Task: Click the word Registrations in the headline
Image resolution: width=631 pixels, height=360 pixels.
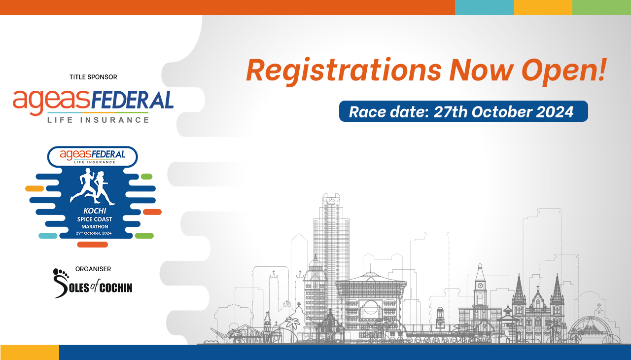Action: [344, 71]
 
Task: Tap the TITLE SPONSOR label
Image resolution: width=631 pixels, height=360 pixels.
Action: [93, 77]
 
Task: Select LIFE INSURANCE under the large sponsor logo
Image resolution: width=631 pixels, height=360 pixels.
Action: [98, 120]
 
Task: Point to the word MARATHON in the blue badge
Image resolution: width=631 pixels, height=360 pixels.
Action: [95, 226]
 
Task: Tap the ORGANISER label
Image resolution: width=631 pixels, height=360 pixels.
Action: [93, 269]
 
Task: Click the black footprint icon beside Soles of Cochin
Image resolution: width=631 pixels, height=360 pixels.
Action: [61, 273]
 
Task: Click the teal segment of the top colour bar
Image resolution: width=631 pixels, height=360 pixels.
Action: [484, 7]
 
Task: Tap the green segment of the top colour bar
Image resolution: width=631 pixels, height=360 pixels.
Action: [601, 7]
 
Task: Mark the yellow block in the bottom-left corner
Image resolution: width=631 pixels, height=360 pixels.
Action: [30, 352]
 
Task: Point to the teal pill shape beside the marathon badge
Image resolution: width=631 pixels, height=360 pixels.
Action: [48, 236]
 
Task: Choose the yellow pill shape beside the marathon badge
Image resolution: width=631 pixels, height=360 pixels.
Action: [35, 188]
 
